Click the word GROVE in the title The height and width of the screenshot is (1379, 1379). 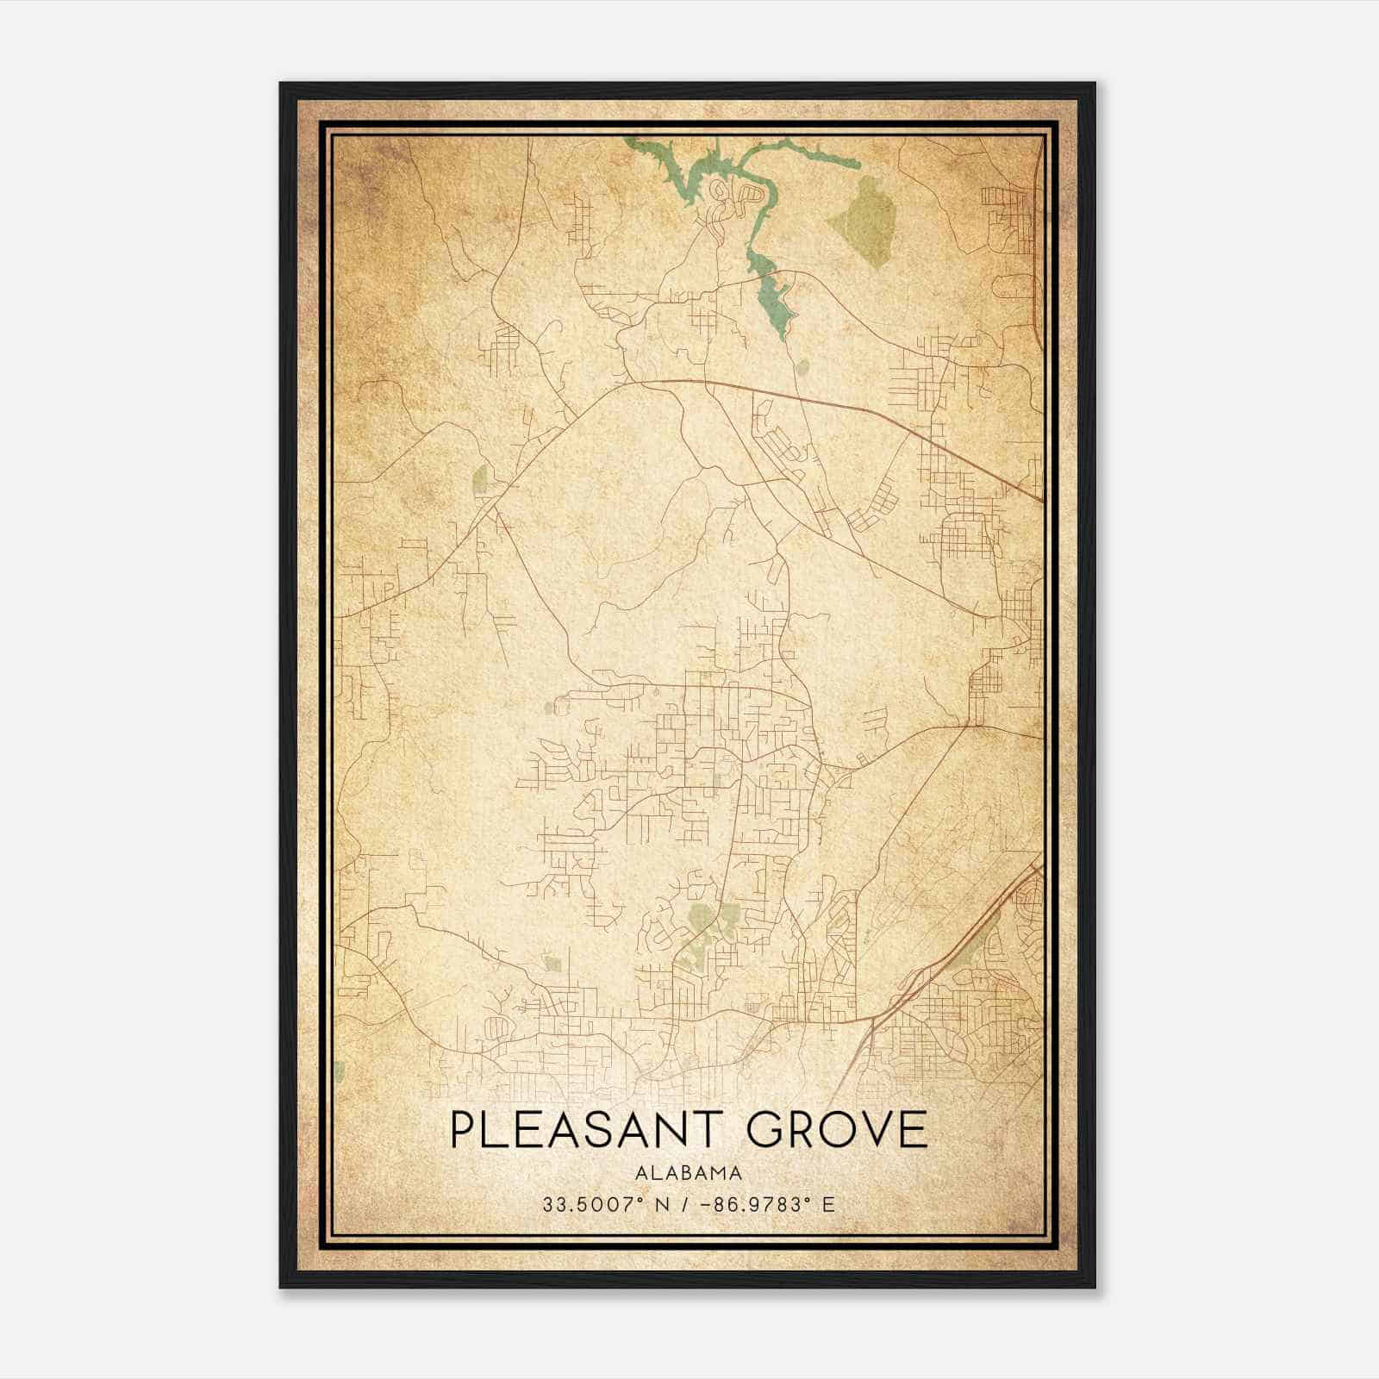pyautogui.click(x=837, y=1130)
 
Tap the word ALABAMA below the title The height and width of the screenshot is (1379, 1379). pyautogui.click(x=689, y=1172)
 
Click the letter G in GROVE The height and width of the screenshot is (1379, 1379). pyautogui.click(x=765, y=1130)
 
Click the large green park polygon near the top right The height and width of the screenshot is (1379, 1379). pyautogui.click(x=865, y=211)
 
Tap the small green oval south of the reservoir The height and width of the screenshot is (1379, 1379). pyautogui.click(x=803, y=368)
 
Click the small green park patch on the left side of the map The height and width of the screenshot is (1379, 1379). pyautogui.click(x=480, y=480)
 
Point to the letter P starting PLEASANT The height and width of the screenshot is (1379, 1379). pyautogui.click(x=462, y=1130)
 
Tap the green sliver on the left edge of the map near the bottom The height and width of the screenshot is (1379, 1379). pyautogui.click(x=340, y=1071)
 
